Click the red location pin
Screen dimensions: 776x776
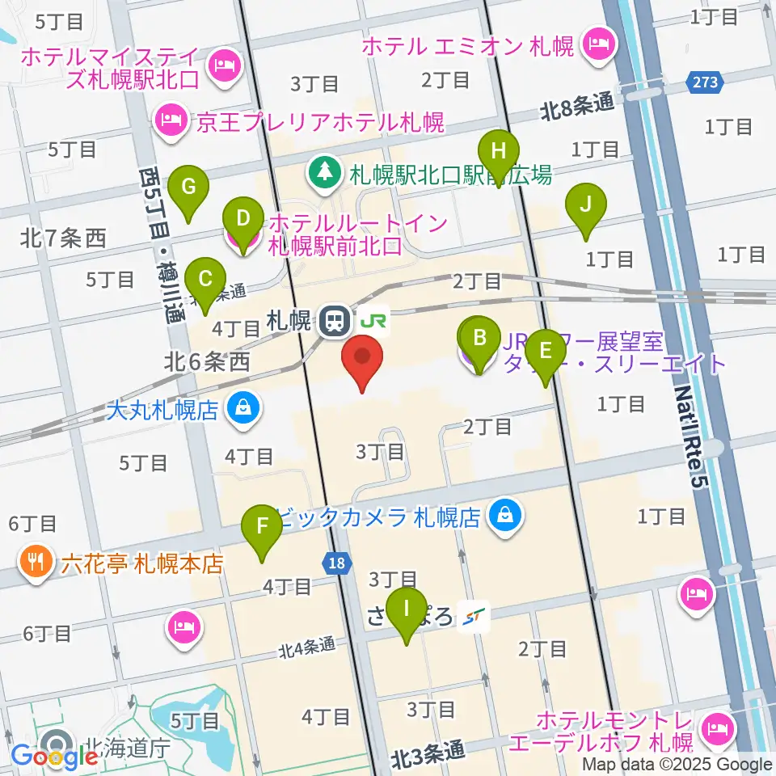362,362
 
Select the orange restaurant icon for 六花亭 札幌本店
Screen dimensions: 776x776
37,563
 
